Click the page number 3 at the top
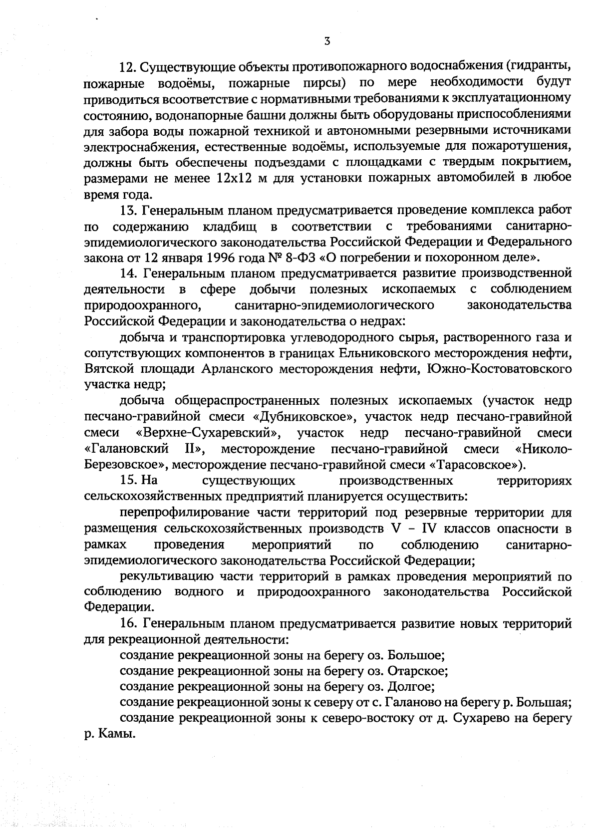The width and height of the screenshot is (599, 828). coord(326,42)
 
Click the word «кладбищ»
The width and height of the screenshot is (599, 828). coord(230,226)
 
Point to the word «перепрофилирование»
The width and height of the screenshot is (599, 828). coord(183,513)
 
